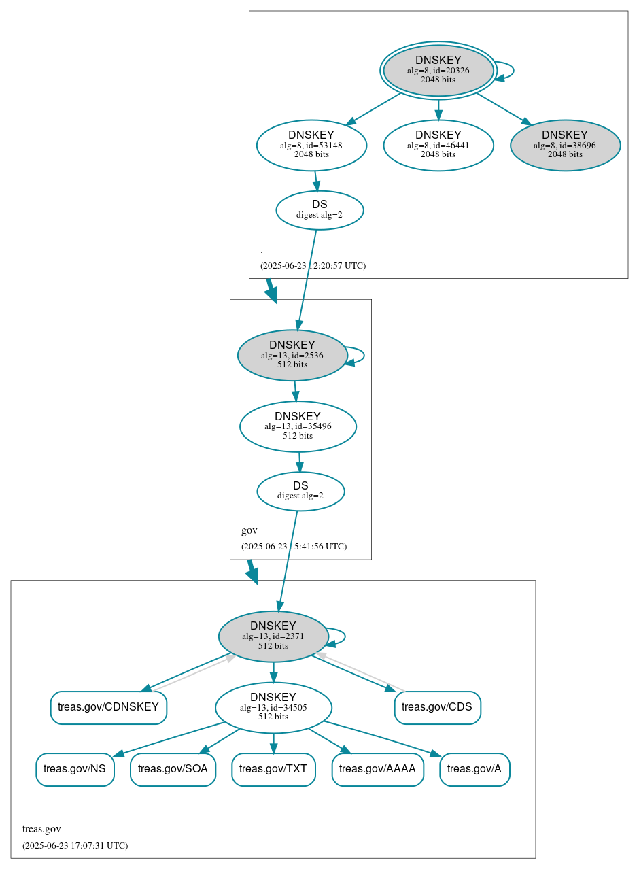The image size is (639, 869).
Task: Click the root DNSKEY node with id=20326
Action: [438, 70]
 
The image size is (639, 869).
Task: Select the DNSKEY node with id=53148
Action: [311, 145]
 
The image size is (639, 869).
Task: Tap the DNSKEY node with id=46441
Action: [438, 145]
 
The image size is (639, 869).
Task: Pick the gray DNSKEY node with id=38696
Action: [565, 145]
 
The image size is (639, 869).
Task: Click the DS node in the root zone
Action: [319, 210]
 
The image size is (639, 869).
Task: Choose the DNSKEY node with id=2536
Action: [292, 355]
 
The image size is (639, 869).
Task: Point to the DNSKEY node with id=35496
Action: [298, 426]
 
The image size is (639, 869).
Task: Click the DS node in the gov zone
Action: [300, 491]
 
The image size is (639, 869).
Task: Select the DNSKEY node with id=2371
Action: [273, 636]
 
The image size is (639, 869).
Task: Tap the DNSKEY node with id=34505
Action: [273, 708]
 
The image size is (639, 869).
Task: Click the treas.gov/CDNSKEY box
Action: [108, 708]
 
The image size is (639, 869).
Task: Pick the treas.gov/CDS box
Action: [437, 708]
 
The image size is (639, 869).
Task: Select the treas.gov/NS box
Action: [75, 770]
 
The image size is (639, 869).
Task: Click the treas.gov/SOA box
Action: [173, 770]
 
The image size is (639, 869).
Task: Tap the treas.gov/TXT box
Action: [273, 770]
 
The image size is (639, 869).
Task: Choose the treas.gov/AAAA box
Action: [377, 770]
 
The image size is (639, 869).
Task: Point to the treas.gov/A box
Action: [474, 770]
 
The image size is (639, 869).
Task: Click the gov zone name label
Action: [249, 530]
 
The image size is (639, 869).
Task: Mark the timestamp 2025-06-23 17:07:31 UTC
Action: [75, 846]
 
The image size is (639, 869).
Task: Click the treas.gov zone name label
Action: [41, 829]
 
